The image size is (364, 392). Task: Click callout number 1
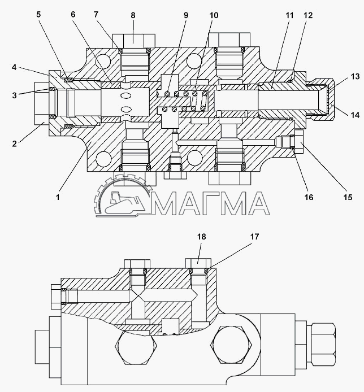point(58,197)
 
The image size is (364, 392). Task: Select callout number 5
point(38,15)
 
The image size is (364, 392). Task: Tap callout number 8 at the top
point(133,15)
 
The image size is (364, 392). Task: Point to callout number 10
point(214,15)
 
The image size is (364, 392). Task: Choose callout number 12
point(308,15)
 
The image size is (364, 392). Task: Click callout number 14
point(355,115)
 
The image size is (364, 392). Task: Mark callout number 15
point(348,197)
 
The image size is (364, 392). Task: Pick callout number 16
point(309,197)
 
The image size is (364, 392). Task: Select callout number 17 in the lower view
point(254,237)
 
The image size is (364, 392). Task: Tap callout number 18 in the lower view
point(202,237)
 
